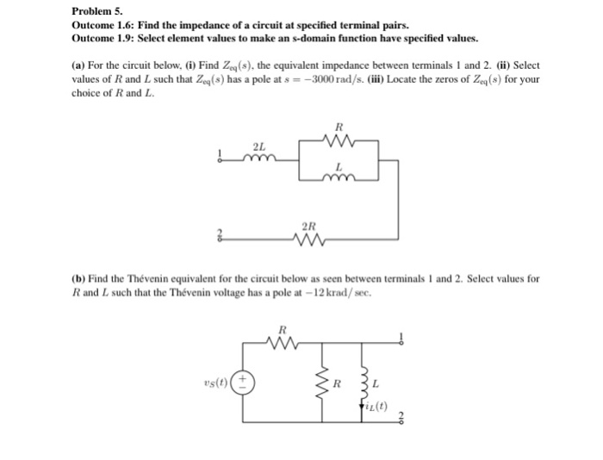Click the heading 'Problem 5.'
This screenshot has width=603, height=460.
pyautogui.click(x=96, y=12)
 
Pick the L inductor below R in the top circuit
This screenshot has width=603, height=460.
pyautogui.click(x=339, y=178)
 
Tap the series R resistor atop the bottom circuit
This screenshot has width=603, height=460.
pyautogui.click(x=283, y=343)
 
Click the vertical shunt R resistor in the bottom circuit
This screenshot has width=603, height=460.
pyautogui.click(x=324, y=382)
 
